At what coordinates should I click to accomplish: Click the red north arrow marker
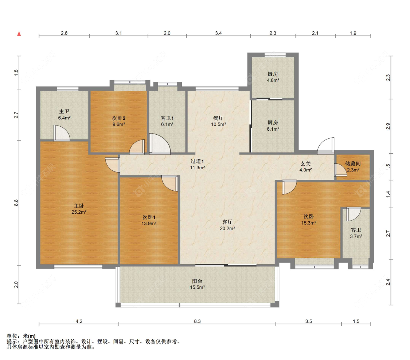[x=19, y=34]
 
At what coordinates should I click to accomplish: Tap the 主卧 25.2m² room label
[x=79, y=209]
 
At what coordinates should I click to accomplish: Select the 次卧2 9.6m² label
[x=119, y=121]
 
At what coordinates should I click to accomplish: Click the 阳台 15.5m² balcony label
[x=198, y=284]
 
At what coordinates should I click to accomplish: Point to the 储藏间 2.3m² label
[x=353, y=167]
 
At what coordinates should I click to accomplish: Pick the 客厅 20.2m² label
[x=227, y=225]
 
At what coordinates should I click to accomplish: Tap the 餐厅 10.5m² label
[x=218, y=121]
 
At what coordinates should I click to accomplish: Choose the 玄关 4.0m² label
[x=305, y=167]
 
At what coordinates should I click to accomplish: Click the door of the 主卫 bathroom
[x=62, y=133]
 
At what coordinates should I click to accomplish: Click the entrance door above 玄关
[x=325, y=146]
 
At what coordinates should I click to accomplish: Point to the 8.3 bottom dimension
[x=198, y=321]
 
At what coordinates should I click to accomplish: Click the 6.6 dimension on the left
[x=16, y=203]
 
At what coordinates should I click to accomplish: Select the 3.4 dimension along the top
[x=219, y=33]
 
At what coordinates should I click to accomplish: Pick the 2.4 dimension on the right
[x=388, y=282]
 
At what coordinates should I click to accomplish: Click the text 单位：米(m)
[x=21, y=336]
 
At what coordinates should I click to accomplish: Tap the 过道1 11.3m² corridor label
[x=198, y=165]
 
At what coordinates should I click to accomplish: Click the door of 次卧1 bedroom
[x=170, y=183]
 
